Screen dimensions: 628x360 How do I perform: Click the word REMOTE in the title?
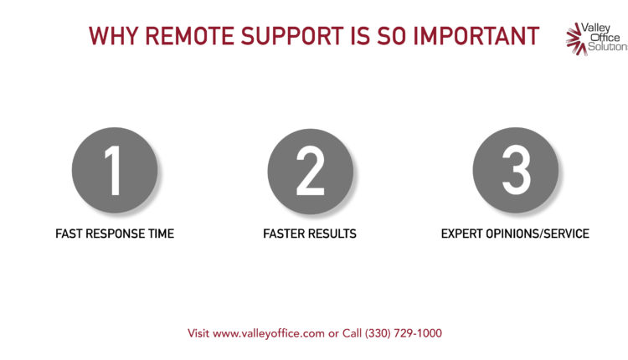(x=189, y=36)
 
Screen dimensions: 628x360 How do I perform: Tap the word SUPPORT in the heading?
(x=292, y=36)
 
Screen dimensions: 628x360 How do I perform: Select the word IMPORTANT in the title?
(x=476, y=36)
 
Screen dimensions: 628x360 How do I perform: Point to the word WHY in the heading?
(x=113, y=36)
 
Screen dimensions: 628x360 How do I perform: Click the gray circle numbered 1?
(x=115, y=170)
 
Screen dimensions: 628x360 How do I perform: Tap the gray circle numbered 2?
(x=311, y=172)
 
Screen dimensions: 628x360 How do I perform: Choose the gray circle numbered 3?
(x=516, y=170)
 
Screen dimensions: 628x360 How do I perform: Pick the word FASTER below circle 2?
(x=285, y=234)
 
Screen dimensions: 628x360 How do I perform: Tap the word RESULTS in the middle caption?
(x=332, y=234)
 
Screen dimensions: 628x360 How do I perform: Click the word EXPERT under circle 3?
(x=461, y=234)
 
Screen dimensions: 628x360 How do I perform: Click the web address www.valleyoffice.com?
(x=268, y=333)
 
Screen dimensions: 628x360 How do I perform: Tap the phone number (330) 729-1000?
(x=404, y=333)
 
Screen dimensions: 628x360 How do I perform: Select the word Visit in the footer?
(x=198, y=333)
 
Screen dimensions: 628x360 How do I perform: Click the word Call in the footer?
(x=352, y=333)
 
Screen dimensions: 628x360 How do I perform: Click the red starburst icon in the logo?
(x=576, y=39)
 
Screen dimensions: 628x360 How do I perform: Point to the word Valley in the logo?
(x=595, y=28)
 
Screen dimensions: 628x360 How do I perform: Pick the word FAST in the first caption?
(x=69, y=234)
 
